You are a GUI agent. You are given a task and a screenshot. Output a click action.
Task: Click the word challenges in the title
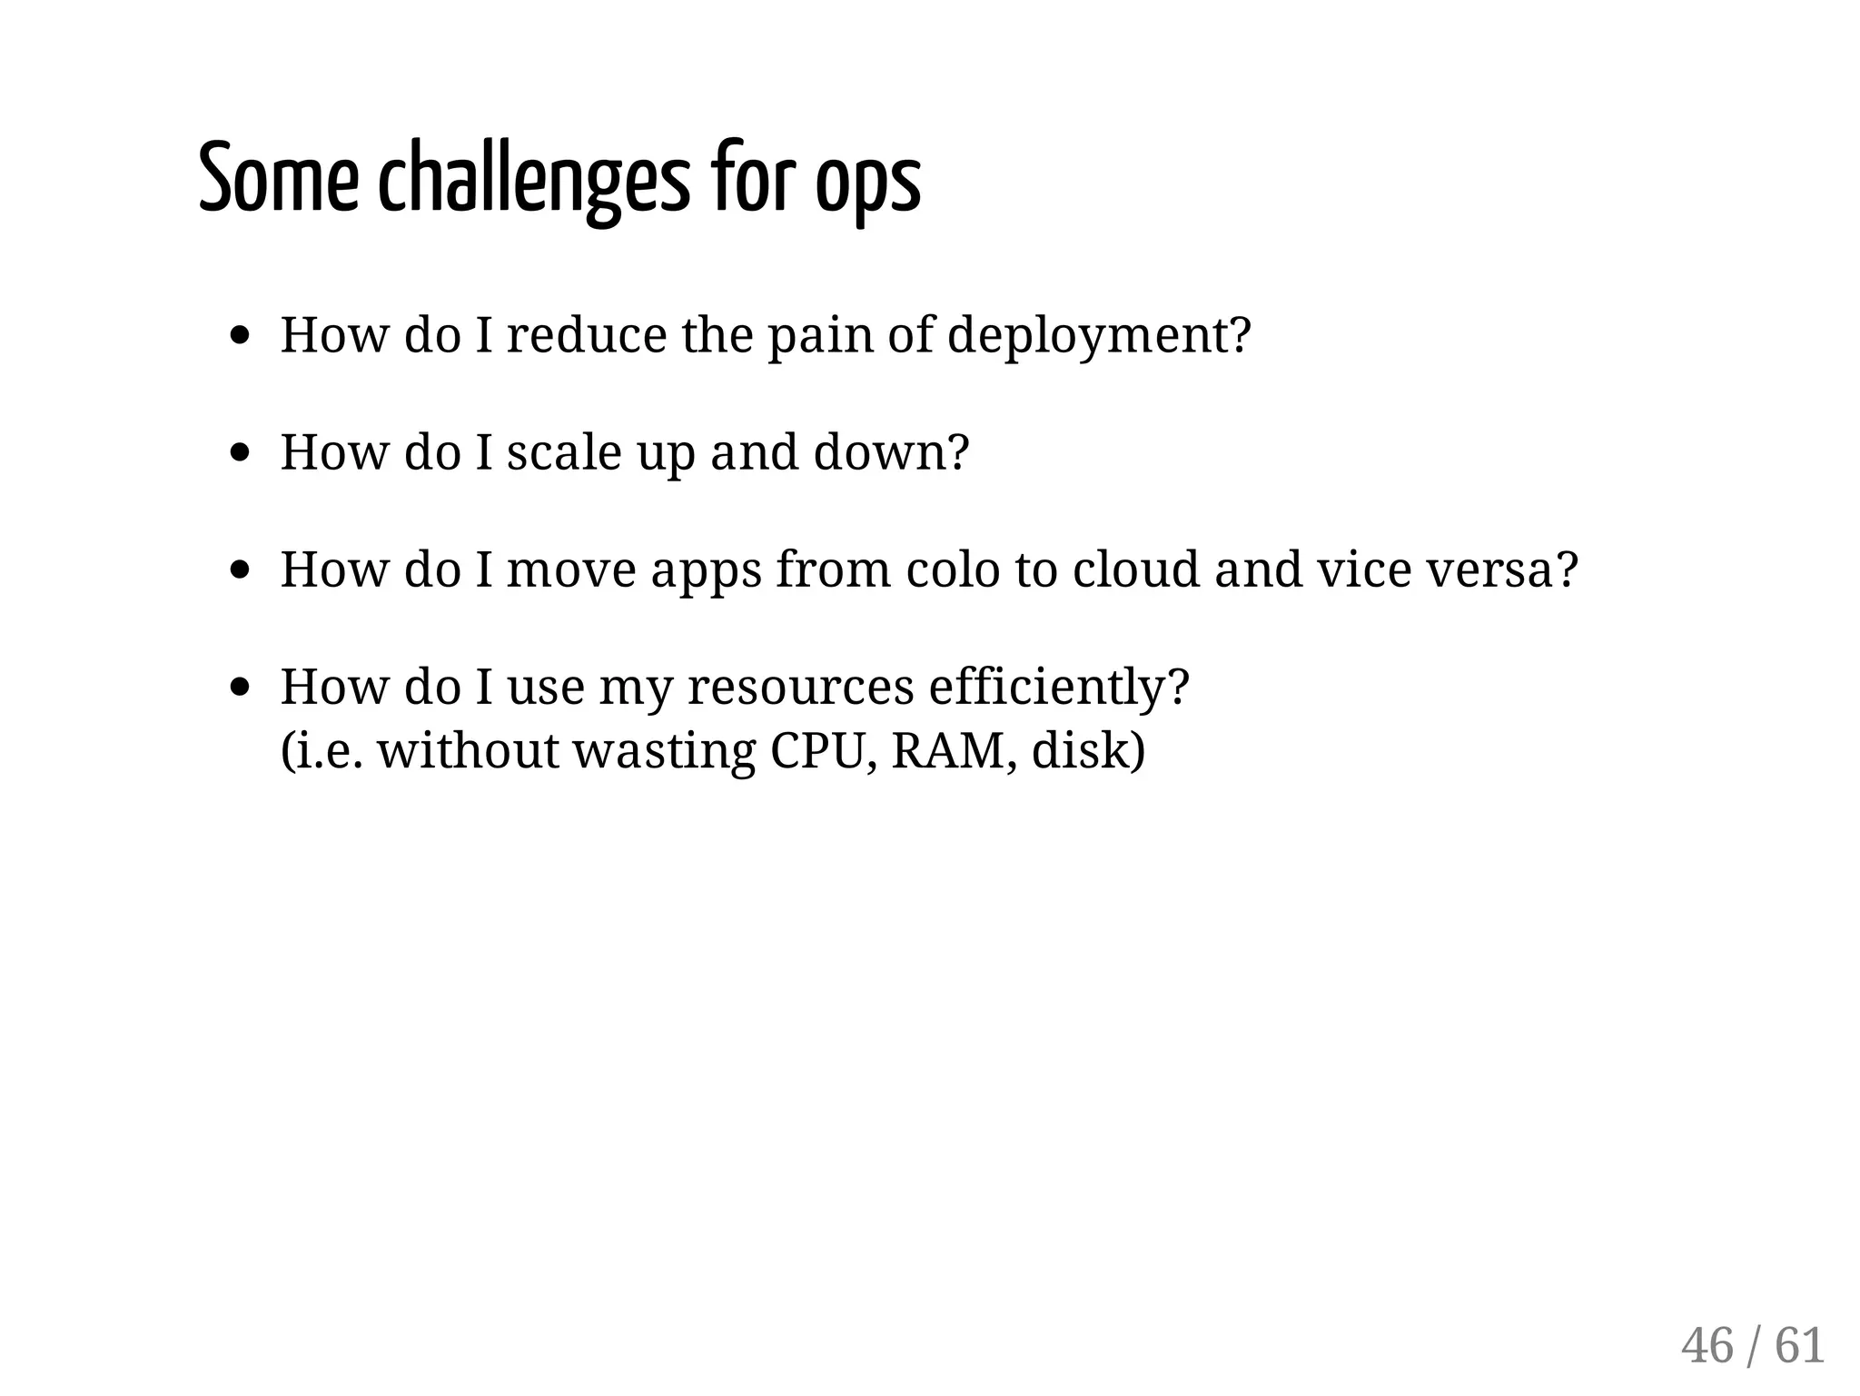pos(533,179)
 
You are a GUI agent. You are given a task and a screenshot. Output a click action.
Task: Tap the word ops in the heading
pos(867,182)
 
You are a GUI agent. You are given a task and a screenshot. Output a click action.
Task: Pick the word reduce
pos(587,334)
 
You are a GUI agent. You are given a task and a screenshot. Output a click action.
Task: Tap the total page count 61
pos(1799,1345)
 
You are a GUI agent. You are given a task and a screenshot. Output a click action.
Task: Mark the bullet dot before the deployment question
pos(240,335)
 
